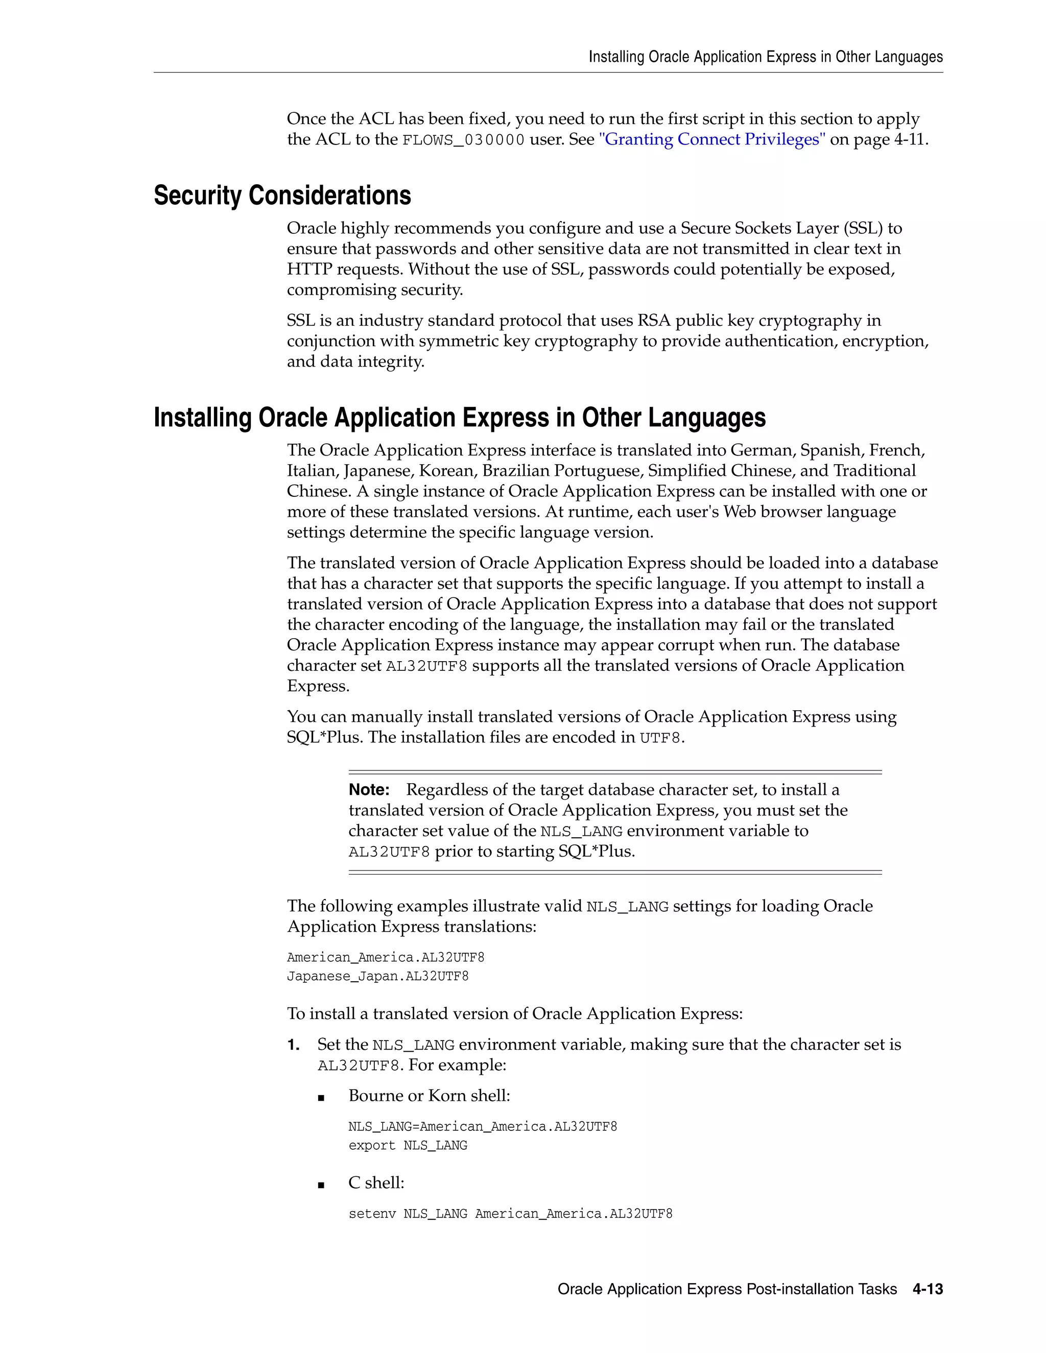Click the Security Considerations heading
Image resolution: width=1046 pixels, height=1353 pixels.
[x=282, y=195]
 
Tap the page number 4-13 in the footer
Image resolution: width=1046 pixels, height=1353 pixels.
[x=927, y=1289]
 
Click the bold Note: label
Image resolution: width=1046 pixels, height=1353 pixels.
[x=369, y=790]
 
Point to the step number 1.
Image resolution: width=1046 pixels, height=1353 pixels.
[x=293, y=1045]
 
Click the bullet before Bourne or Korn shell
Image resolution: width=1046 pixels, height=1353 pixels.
[x=321, y=1097]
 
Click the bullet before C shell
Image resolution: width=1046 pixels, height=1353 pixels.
[x=321, y=1185]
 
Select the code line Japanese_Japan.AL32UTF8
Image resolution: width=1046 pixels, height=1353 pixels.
[x=377, y=976]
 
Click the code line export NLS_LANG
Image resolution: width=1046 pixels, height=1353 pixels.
[x=408, y=1146]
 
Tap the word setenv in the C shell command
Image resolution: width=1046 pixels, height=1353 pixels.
[x=372, y=1214]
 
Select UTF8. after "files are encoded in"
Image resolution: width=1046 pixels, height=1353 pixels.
[x=662, y=738]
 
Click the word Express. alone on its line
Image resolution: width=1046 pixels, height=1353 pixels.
[x=318, y=686]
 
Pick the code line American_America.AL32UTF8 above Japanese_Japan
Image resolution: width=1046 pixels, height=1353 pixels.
[x=386, y=958]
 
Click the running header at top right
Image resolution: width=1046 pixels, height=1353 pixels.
[x=765, y=57]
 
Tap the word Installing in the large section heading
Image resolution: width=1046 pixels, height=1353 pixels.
[x=202, y=418]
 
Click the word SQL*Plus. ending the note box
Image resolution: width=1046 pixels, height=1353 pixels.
[x=596, y=851]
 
